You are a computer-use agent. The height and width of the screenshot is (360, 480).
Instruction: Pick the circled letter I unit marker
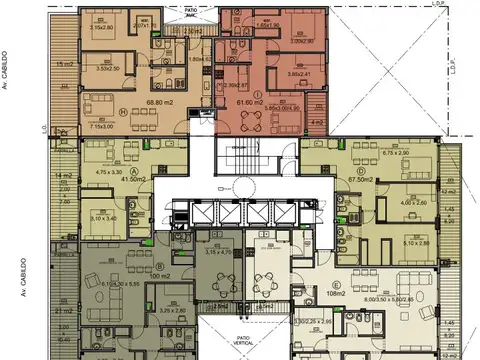click(258, 93)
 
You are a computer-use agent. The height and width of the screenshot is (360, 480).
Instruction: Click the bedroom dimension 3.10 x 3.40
click(104, 217)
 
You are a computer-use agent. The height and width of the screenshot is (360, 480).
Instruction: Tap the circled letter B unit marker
click(160, 267)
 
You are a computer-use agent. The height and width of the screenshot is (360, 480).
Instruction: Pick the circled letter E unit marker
click(344, 282)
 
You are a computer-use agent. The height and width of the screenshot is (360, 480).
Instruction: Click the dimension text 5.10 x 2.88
click(414, 241)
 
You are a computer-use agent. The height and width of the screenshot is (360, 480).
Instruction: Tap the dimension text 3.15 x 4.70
click(218, 252)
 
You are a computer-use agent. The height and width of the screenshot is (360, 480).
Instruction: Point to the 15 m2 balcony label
click(65, 63)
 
